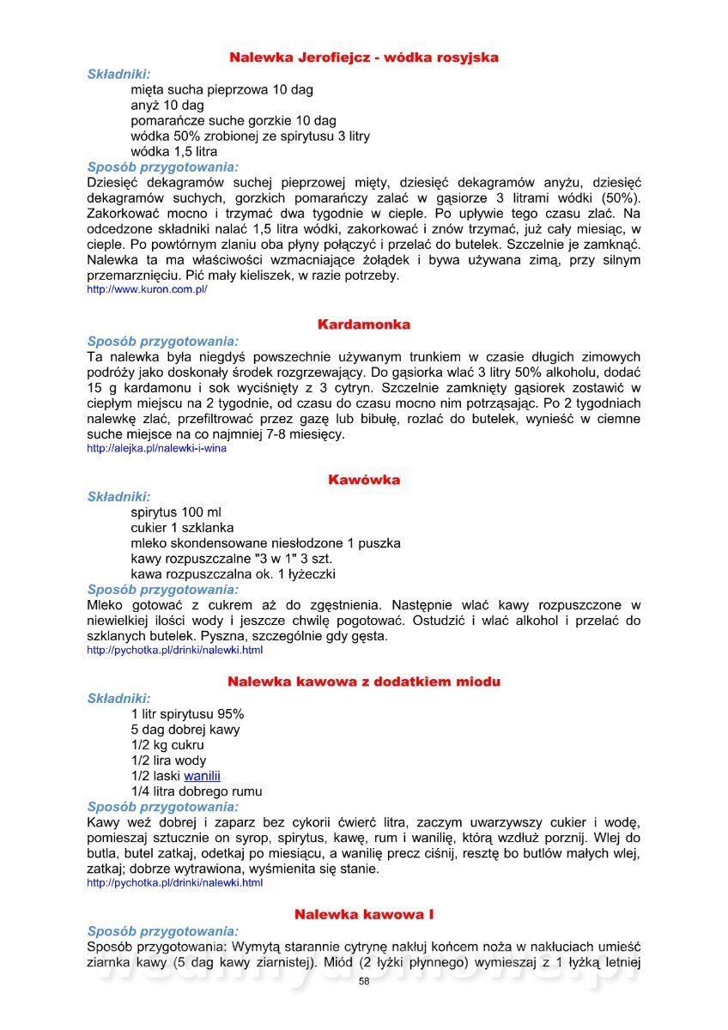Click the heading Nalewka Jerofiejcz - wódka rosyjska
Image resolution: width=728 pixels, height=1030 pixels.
(x=363, y=58)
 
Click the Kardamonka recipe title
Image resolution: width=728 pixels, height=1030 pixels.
(x=363, y=324)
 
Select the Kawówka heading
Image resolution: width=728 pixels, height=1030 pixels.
(x=363, y=480)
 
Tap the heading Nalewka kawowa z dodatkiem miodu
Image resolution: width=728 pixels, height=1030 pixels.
(x=363, y=682)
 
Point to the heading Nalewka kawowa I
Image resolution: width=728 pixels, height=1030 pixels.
(x=363, y=914)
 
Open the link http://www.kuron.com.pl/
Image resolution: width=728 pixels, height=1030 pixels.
(x=147, y=290)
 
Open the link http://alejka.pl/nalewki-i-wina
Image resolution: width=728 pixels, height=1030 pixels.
(x=156, y=448)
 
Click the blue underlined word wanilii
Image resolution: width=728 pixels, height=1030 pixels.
(x=202, y=776)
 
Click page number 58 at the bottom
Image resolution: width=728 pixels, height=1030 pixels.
(x=364, y=981)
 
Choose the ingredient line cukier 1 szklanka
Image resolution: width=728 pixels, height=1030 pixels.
(x=182, y=528)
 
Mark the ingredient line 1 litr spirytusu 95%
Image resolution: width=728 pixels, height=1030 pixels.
(x=187, y=714)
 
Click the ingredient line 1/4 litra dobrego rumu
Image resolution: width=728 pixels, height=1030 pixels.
(x=197, y=791)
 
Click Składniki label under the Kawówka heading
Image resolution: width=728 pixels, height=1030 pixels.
(x=118, y=496)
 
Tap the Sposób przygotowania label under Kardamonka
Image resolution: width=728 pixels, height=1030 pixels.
(x=163, y=340)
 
